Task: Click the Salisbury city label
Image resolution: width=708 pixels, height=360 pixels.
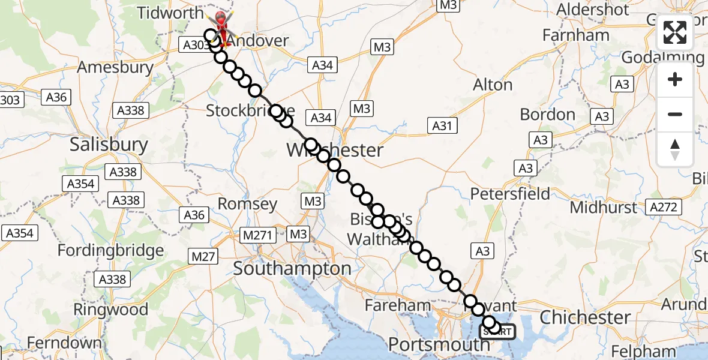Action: pos(109,145)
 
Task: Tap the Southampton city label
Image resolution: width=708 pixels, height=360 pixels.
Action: pos(292,269)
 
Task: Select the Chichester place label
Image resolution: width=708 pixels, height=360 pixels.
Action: pos(585,317)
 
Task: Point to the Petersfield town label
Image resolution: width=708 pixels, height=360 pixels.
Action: pos(510,194)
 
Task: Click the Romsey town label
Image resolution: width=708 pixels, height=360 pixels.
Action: pos(247,204)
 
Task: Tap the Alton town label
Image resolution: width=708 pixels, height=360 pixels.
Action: pos(493,85)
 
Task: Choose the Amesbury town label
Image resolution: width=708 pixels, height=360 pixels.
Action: pos(115,67)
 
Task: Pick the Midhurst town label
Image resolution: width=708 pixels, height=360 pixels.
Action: pos(604,208)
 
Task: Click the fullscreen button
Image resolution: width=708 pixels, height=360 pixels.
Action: pos(675,32)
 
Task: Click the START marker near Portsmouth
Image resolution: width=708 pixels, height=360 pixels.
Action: pos(497,331)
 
